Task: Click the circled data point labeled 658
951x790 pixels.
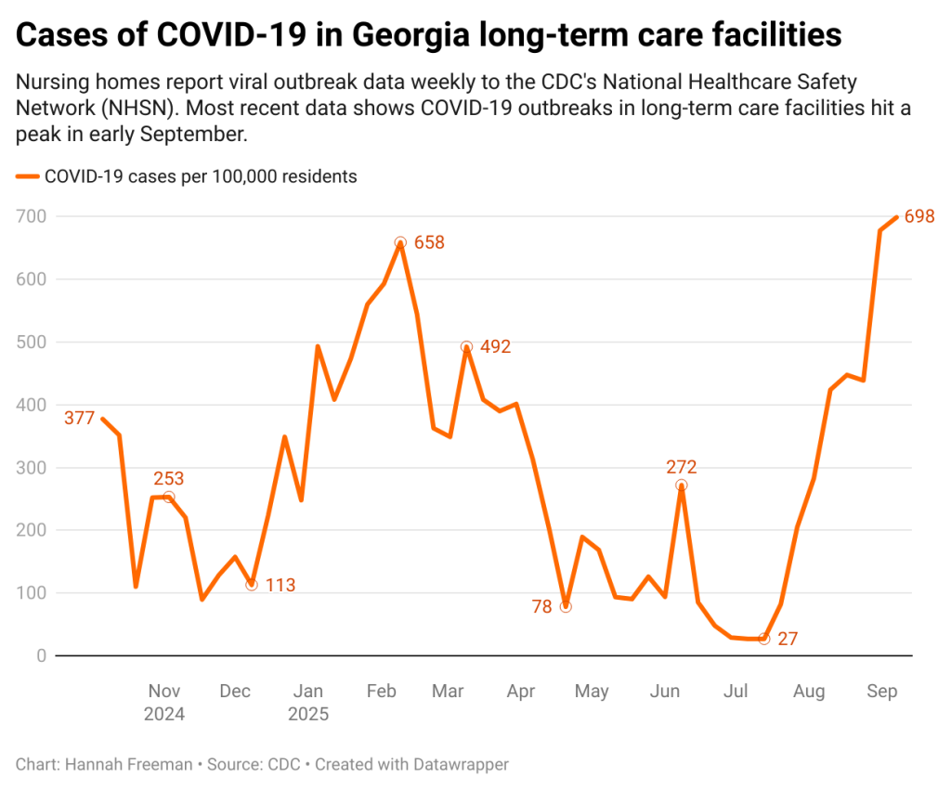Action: pyautogui.click(x=400, y=242)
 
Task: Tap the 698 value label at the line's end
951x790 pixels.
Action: pyautogui.click(x=918, y=216)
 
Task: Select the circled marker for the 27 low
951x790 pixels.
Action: pyautogui.click(x=763, y=639)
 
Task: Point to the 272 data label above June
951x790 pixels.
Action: pyautogui.click(x=681, y=467)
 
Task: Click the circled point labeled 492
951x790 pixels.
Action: pyautogui.click(x=467, y=346)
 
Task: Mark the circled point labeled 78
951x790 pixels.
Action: pyautogui.click(x=566, y=606)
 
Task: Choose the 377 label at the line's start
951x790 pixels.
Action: pyautogui.click(x=80, y=418)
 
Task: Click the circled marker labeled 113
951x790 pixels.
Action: pyautogui.click(x=252, y=585)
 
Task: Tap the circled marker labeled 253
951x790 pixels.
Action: pyautogui.click(x=168, y=497)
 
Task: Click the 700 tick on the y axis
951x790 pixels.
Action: pyautogui.click(x=32, y=216)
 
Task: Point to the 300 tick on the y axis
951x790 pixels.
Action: pyautogui.click(x=32, y=467)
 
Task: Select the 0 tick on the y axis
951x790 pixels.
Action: pyautogui.click(x=41, y=655)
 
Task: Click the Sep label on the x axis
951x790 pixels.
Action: pyautogui.click(x=881, y=692)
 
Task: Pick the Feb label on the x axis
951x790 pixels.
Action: pyautogui.click(x=381, y=692)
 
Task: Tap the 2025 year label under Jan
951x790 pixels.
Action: pyautogui.click(x=308, y=715)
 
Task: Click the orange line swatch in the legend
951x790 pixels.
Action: pyautogui.click(x=28, y=176)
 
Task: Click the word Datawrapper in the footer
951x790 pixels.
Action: pyautogui.click(x=461, y=765)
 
